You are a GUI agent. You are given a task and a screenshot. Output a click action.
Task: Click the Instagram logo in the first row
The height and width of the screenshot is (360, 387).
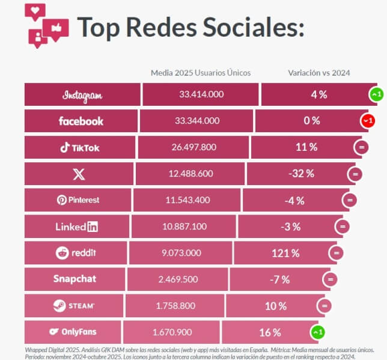pyautogui.click(x=82, y=95)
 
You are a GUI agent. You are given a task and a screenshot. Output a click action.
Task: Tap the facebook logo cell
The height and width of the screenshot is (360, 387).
pyautogui.click(x=81, y=121)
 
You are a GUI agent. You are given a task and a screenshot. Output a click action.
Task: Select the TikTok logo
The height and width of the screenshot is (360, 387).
pyautogui.click(x=79, y=147)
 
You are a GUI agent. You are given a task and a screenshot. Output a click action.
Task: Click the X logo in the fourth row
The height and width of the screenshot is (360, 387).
pyautogui.click(x=79, y=174)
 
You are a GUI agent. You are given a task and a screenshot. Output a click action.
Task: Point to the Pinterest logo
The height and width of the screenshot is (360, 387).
pyautogui.click(x=78, y=200)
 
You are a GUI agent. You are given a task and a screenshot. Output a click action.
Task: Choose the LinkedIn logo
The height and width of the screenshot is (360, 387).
pyautogui.click(x=76, y=227)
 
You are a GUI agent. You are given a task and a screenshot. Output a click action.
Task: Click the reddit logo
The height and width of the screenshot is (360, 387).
pyautogui.click(x=75, y=253)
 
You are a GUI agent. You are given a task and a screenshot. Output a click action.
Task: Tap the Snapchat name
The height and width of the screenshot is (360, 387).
pyautogui.click(x=75, y=279)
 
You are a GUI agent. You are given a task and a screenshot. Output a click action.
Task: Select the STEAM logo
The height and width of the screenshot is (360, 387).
pyautogui.click(x=74, y=306)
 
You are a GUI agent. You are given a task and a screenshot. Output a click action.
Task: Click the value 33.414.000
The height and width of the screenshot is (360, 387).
pyautogui.click(x=201, y=95)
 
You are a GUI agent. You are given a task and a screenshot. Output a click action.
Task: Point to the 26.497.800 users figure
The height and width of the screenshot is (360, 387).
pyautogui.click(x=194, y=147)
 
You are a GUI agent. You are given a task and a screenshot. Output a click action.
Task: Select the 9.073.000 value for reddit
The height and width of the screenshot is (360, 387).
pyautogui.click(x=183, y=253)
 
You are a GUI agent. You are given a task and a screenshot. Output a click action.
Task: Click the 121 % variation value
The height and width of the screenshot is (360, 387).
pyautogui.click(x=285, y=253)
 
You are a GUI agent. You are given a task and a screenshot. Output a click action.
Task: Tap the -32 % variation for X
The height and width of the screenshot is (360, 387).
pyautogui.click(x=300, y=174)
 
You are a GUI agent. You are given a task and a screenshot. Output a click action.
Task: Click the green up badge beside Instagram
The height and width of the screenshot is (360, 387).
pyautogui.click(x=376, y=95)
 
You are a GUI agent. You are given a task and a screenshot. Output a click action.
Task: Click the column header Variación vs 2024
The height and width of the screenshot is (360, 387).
pyautogui.click(x=319, y=73)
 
